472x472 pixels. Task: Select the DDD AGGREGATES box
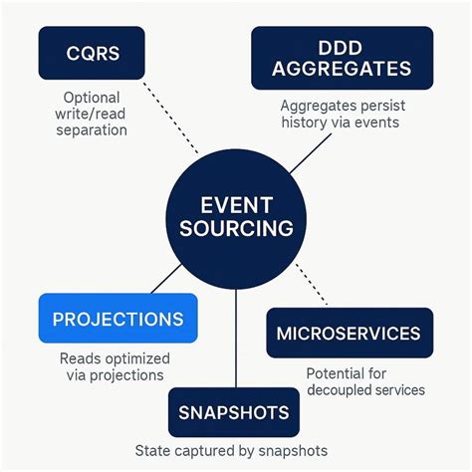tap(342, 58)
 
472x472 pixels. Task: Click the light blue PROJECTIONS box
tap(118, 319)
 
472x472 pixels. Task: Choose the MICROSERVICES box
tap(349, 333)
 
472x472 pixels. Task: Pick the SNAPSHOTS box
tap(234, 412)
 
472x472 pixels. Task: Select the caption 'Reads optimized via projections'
tap(114, 367)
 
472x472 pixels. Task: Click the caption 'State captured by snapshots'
tap(230, 451)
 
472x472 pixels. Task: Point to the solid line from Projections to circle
tap(167, 279)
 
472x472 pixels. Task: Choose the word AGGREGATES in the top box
tap(342, 69)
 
